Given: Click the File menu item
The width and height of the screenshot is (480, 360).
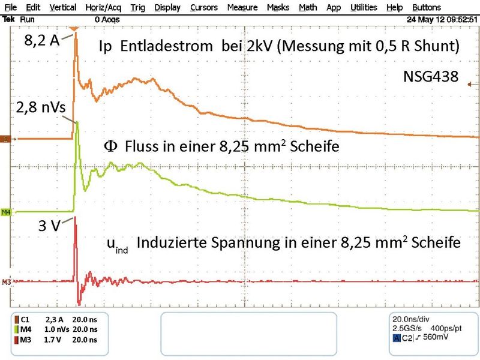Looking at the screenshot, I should click(x=11, y=8).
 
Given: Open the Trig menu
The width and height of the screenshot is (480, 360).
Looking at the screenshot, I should click(x=137, y=8).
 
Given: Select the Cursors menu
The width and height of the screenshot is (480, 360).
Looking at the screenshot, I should click(x=203, y=8).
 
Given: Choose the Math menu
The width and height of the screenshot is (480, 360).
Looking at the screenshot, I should click(x=308, y=8).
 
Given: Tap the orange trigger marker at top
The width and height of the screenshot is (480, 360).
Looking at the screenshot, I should click(x=73, y=28).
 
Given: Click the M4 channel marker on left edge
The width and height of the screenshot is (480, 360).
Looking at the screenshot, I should click(x=7, y=212).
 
